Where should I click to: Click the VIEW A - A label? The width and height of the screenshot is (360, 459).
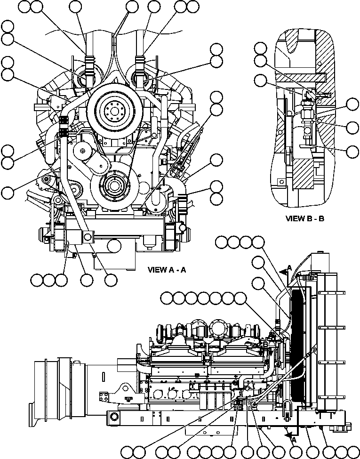[x=167, y=270]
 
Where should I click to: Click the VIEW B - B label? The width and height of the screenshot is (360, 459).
[x=305, y=218]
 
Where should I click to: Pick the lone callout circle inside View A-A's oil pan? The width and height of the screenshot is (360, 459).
[x=113, y=246]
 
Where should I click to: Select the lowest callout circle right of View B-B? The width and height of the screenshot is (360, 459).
[x=352, y=151]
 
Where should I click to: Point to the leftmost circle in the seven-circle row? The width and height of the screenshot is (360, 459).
[x=167, y=298]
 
